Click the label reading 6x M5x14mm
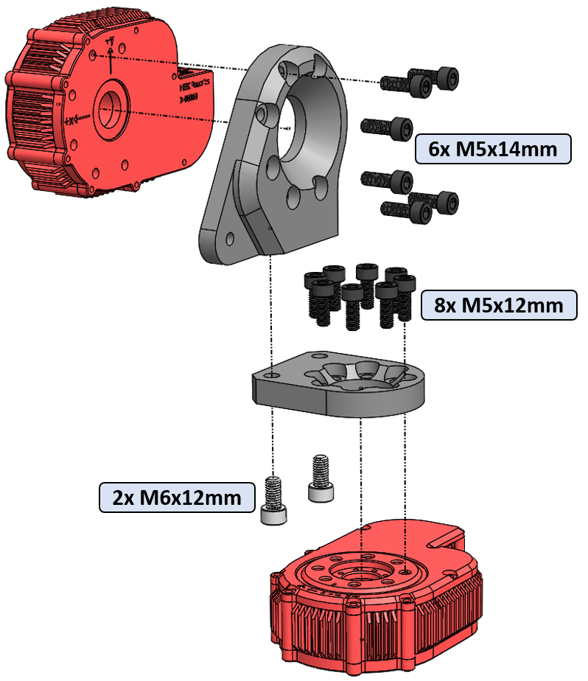[492, 149]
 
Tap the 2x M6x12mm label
[177, 497]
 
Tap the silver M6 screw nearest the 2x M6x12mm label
[274, 500]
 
